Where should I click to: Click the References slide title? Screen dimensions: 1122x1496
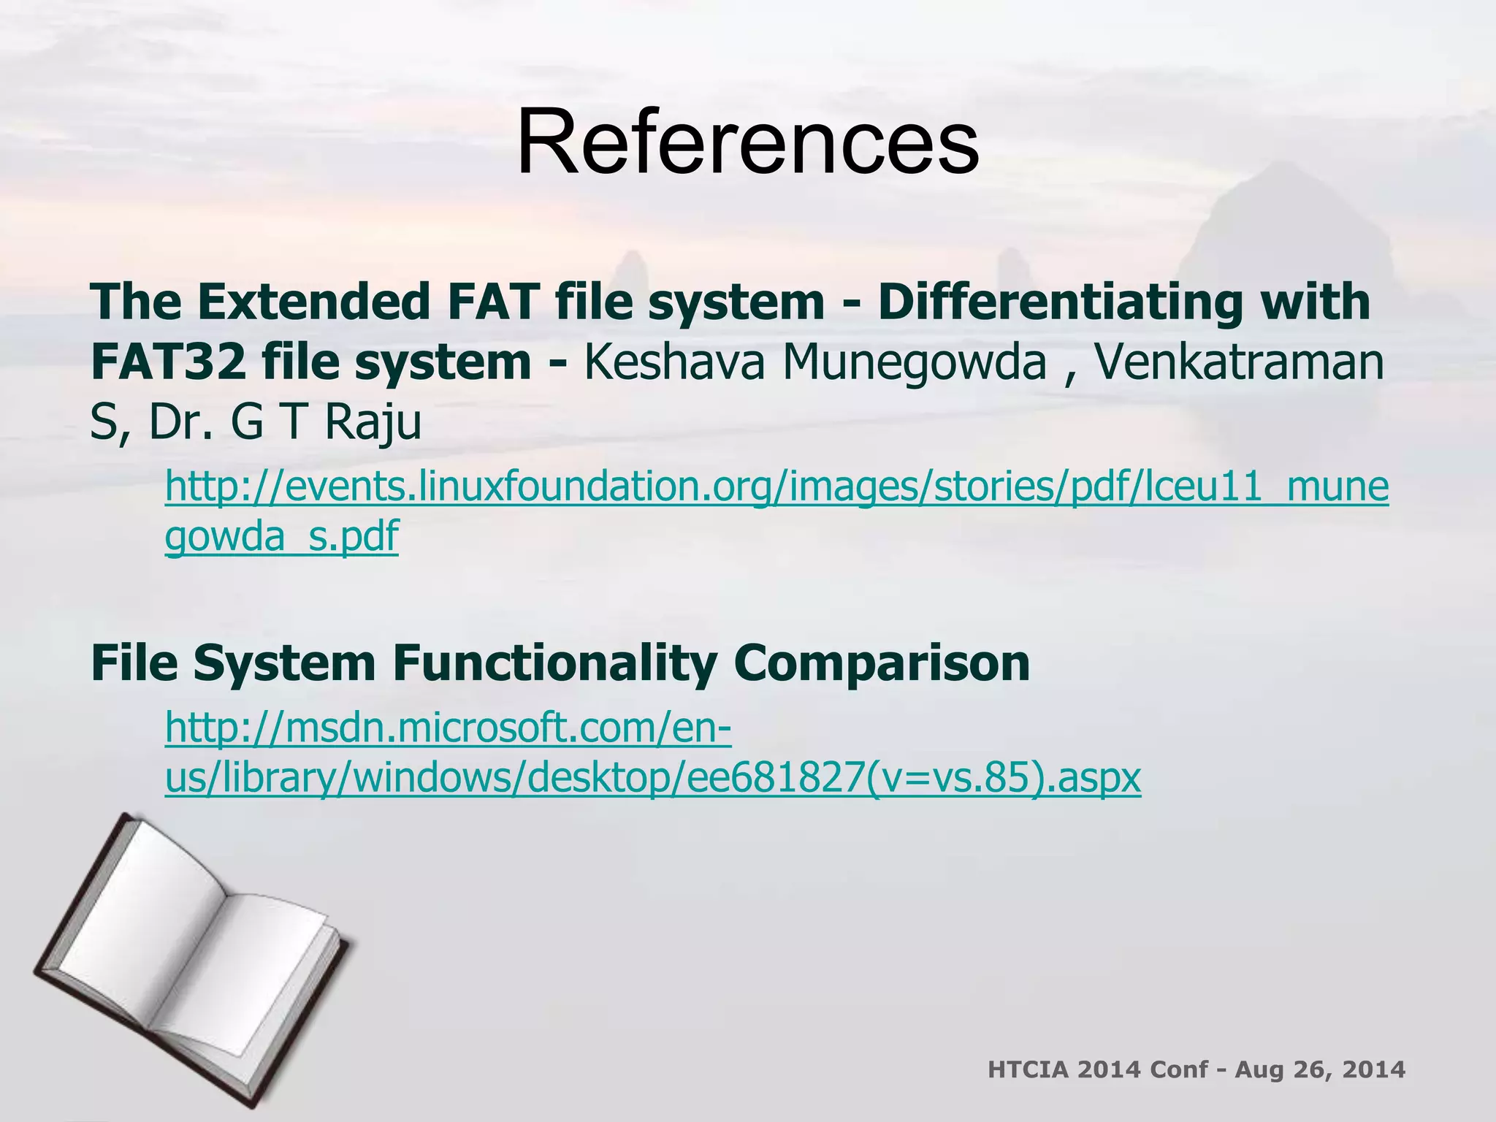point(747,142)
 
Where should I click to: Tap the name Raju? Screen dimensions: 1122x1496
point(373,424)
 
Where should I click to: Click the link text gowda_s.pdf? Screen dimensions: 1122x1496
point(282,537)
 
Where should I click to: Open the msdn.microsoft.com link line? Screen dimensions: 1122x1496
point(448,728)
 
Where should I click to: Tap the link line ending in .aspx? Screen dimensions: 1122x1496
point(652,777)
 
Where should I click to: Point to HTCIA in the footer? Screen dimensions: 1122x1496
point(1028,1070)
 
